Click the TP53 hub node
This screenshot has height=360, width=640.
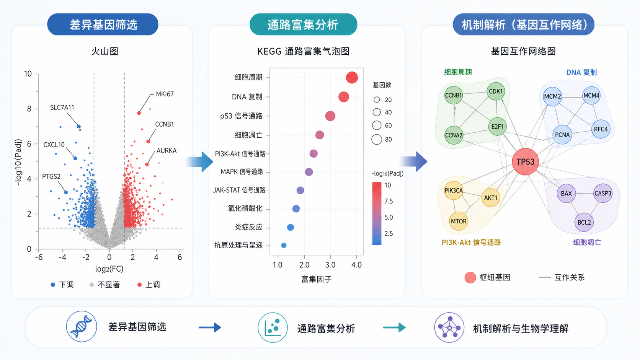pos(525,162)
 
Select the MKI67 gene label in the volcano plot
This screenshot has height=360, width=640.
pos(165,94)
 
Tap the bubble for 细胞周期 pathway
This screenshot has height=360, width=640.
pos(352,77)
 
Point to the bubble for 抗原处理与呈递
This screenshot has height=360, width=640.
pos(284,245)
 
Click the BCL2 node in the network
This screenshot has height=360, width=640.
pos(584,222)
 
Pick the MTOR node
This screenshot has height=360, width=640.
pos(459,221)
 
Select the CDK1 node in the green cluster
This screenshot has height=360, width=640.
pos(496,91)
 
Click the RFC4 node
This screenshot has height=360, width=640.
pos(601,129)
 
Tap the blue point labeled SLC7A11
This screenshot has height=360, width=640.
pos(79,127)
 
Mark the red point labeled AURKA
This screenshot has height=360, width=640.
pos(147,165)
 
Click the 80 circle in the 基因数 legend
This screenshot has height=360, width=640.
pos(377,139)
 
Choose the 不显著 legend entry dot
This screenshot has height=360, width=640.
pos(92,285)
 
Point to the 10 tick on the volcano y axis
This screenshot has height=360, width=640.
pos(28,74)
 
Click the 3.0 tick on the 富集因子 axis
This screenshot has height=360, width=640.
pos(330,265)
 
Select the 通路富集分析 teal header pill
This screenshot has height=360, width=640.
pos(303,24)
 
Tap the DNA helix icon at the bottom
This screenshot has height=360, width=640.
pos(82,327)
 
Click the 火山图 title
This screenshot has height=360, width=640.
pos(104,51)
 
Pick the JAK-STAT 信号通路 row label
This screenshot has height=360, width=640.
pos(239,190)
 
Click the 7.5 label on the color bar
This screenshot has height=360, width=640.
pos(389,201)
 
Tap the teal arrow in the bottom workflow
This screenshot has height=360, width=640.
pos(394,327)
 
